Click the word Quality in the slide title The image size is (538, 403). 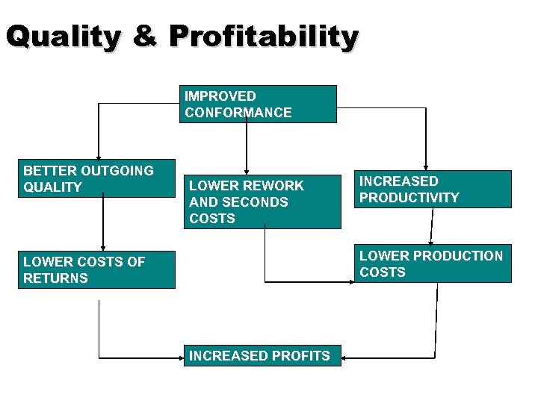coord(64,36)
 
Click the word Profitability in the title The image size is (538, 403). coord(264,37)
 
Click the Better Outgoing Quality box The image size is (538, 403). coord(96,178)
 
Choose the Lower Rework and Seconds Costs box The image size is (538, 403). coord(262,201)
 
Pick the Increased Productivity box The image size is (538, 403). coord(433,189)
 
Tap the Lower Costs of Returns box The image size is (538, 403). coord(96,269)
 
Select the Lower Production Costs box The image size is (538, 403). coord(433,263)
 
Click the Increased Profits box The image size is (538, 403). coord(262,355)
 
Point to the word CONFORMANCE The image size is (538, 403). coord(238,113)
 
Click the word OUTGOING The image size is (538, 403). coord(114,171)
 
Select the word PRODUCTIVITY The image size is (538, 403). coord(409,198)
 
